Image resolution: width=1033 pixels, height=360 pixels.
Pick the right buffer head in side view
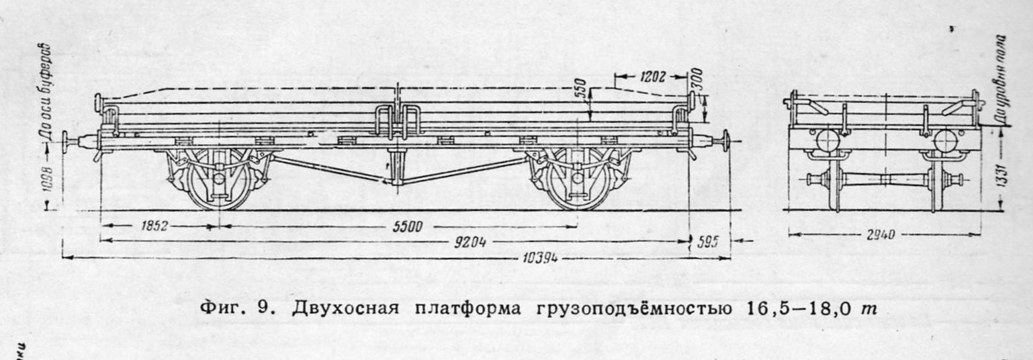726,143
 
